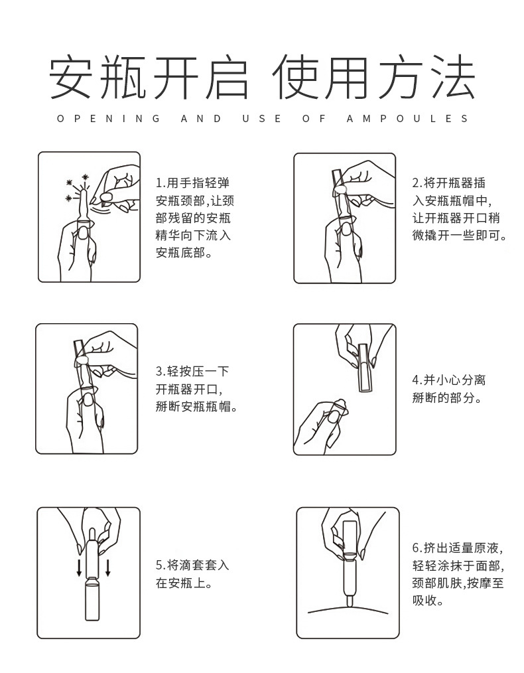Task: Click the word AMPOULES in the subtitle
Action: [407, 119]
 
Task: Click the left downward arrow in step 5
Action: [78, 567]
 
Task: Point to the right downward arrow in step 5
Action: [107, 567]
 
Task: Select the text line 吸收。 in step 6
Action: [428, 601]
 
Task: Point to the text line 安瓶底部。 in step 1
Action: [183, 253]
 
